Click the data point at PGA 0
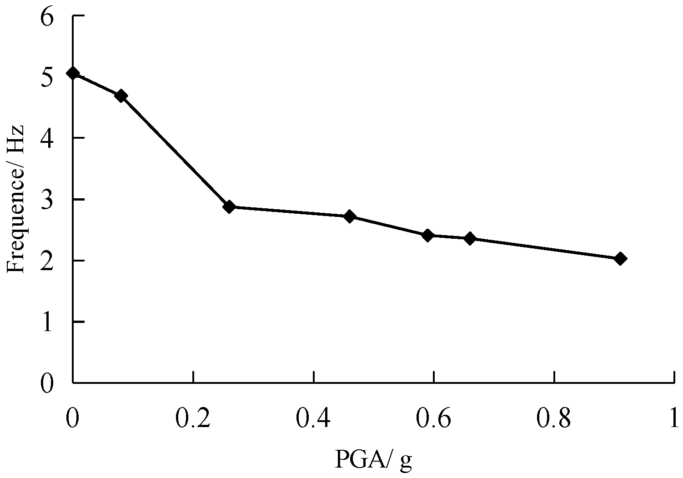[73, 73]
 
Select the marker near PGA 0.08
[121, 96]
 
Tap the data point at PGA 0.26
[229, 207]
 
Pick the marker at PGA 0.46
[350, 216]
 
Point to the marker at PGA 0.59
[427, 235]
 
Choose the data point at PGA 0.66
[470, 238]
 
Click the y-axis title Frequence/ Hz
[16, 199]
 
